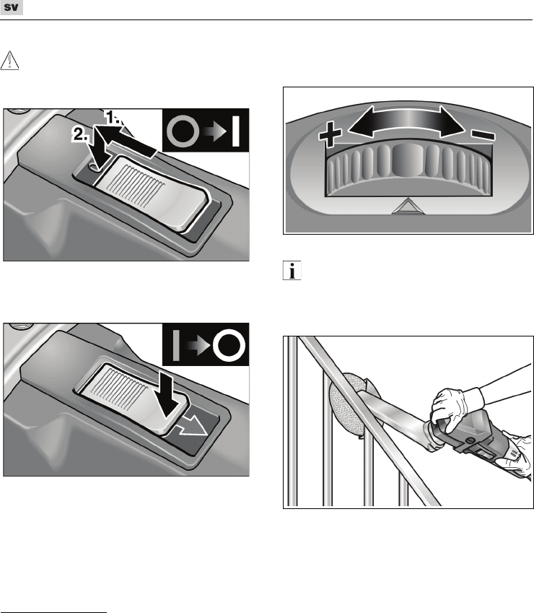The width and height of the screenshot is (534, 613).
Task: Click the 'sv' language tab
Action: click(12, 7)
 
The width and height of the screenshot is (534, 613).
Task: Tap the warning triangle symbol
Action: click(9, 61)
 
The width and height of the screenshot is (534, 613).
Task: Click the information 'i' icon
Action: click(292, 270)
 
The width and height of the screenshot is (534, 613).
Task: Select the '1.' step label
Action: click(113, 117)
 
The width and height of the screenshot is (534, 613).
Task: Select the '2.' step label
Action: click(81, 134)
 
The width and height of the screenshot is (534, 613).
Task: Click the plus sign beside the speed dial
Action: click(330, 134)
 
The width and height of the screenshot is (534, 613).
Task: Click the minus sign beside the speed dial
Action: click(483, 136)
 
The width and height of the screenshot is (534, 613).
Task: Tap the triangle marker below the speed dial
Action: click(408, 206)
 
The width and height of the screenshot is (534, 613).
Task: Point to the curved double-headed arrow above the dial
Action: click(407, 122)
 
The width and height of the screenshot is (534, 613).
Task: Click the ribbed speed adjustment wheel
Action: click(408, 169)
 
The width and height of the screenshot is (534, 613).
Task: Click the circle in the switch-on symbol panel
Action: click(183, 131)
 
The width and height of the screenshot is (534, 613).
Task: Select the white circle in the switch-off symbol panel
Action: click(229, 345)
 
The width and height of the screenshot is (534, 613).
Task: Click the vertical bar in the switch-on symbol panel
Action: click(235, 131)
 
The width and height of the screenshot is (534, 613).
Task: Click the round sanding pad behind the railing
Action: click(349, 405)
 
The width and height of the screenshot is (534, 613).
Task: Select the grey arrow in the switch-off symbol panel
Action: click(198, 346)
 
